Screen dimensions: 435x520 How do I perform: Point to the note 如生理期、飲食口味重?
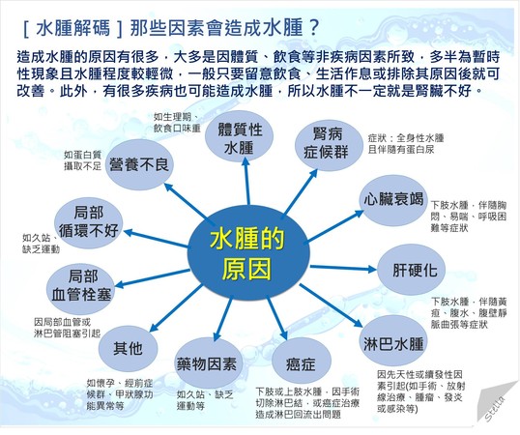coord(178,122)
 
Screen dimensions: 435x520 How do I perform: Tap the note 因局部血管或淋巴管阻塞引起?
coord(67,326)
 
